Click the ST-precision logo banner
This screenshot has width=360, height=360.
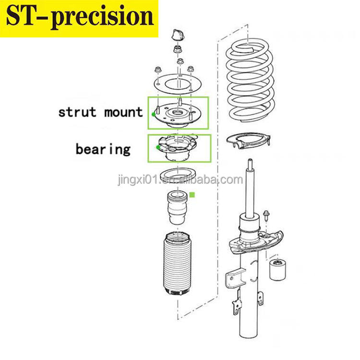pyautogui.click(x=79, y=18)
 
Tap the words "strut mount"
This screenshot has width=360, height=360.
pyautogui.click(x=100, y=112)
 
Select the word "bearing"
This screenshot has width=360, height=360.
pyautogui.click(x=103, y=149)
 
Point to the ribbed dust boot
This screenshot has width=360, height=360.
pyautogui.click(x=180, y=267)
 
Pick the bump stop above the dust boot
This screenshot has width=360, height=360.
pyautogui.click(x=179, y=209)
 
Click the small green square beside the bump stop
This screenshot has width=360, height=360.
pyautogui.click(x=192, y=195)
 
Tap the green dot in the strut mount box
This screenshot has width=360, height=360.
pyautogui.click(x=153, y=114)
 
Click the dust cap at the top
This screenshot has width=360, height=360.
pyautogui.click(x=177, y=36)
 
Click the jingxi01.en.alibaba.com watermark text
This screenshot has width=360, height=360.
pyautogui.click(x=180, y=180)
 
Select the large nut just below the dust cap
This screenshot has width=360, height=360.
pyautogui.click(x=178, y=49)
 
